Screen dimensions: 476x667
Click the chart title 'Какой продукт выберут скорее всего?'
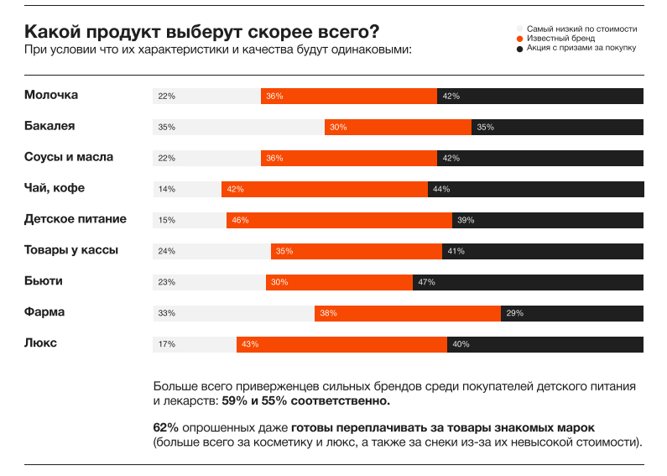[201, 32]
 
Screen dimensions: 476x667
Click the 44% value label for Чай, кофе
[441, 190]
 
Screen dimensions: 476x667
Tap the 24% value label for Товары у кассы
[166, 252]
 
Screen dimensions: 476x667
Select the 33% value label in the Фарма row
[166, 314]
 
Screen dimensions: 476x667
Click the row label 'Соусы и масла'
[69, 157]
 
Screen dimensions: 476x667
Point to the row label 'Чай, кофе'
[55, 188]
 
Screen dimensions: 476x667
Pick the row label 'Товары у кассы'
[71, 250]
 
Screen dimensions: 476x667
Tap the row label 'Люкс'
[41, 343]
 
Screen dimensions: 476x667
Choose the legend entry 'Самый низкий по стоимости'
[581, 29]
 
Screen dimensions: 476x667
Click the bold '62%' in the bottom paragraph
[165, 427]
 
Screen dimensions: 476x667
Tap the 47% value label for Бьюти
[426, 283]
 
